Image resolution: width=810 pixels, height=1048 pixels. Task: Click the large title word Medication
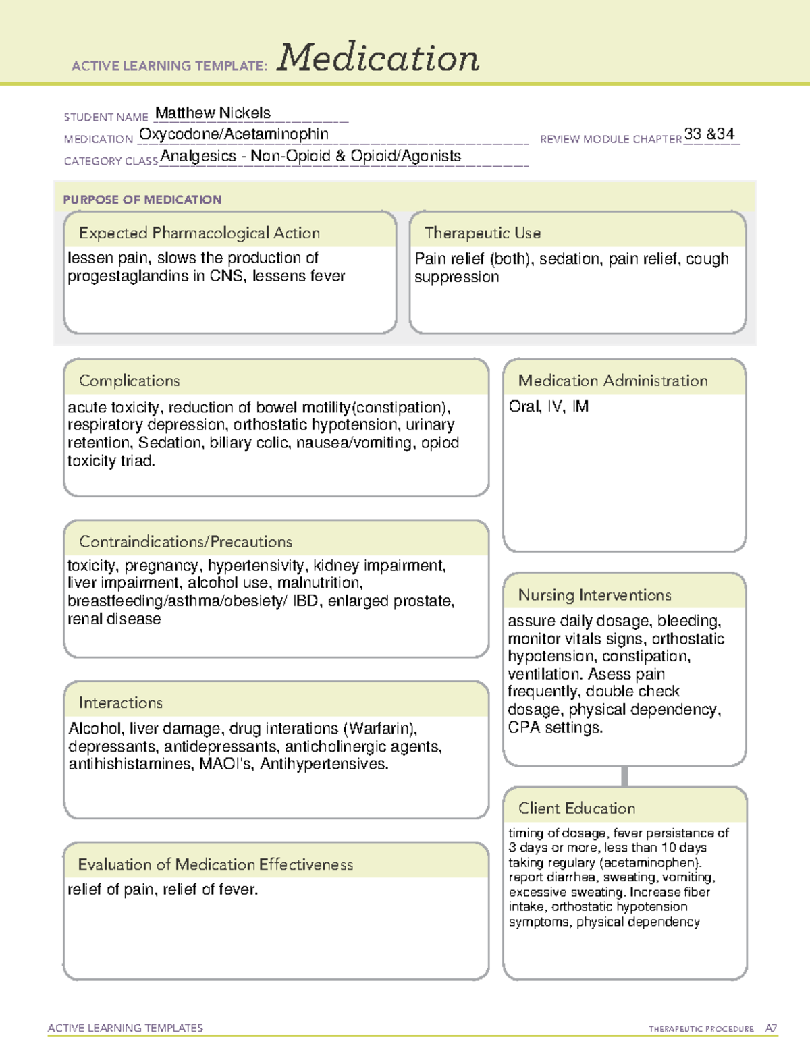click(x=378, y=58)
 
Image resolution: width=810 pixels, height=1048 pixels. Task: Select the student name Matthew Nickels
click(x=213, y=113)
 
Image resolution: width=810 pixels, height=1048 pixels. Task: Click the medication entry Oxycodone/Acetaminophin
click(x=234, y=134)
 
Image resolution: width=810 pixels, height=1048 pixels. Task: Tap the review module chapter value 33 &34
click(x=709, y=134)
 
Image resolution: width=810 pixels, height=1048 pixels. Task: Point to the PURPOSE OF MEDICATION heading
click(x=142, y=200)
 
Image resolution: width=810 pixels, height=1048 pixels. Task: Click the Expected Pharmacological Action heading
click(x=199, y=233)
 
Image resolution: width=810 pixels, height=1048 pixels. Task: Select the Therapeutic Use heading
click(x=482, y=233)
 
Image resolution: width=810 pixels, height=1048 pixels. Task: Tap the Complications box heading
click(x=129, y=381)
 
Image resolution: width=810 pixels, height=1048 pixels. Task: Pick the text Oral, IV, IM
click(x=548, y=406)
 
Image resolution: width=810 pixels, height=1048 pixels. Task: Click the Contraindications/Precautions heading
click(x=185, y=541)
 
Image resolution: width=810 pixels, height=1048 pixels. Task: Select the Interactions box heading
click(x=120, y=702)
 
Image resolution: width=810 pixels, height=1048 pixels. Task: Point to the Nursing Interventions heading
click(x=594, y=595)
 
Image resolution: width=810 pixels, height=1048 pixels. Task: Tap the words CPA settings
click(x=555, y=727)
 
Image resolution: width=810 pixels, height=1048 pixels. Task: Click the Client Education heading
click(x=576, y=808)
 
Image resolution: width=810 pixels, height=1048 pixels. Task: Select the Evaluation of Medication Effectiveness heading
click(x=215, y=864)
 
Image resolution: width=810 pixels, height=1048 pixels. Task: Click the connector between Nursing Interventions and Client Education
click(x=624, y=776)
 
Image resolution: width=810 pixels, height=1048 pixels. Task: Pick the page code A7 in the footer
click(x=770, y=1028)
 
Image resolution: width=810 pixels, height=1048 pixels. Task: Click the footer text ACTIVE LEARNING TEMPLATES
click(x=125, y=1028)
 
